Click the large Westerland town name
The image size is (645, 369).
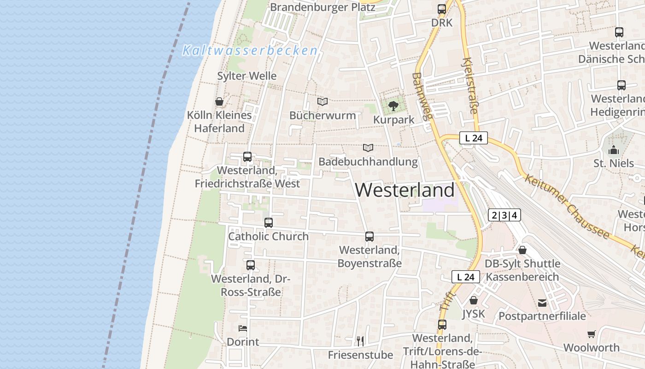click(405, 190)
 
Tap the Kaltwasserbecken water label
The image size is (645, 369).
click(250, 50)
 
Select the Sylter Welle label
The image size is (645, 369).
click(247, 76)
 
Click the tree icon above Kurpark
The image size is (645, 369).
click(393, 106)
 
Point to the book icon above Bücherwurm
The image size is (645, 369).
click(322, 101)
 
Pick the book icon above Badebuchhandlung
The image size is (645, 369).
click(368, 148)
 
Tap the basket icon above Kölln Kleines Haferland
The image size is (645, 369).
click(219, 101)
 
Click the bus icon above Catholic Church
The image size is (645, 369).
click(269, 223)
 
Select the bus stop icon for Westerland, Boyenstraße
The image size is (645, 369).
click(369, 237)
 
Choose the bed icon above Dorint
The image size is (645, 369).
click(243, 328)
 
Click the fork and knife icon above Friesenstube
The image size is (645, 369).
click(360, 341)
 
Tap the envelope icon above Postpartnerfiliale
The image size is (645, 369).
click(542, 303)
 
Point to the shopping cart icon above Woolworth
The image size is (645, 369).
click(592, 334)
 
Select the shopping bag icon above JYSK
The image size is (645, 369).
click(474, 301)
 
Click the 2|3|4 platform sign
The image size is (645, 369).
click(504, 215)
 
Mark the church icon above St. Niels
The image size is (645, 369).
click(613, 150)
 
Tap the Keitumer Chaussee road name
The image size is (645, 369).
click(567, 206)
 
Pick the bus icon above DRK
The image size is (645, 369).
click(442, 9)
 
